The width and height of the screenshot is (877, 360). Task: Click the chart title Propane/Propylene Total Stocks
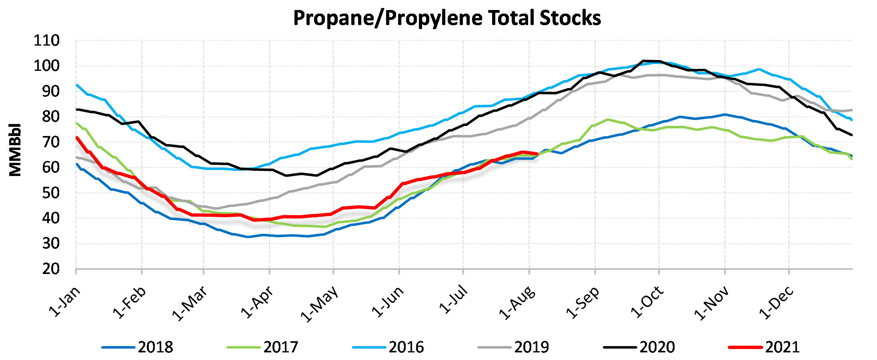coord(447,18)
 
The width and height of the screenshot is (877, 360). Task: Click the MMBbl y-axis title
coord(15,150)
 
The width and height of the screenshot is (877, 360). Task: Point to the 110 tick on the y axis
coord(47,41)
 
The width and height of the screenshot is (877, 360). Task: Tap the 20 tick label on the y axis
coord(51,269)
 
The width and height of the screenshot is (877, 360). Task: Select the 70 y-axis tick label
coord(51,142)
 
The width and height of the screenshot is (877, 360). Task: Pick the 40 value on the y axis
coord(51,218)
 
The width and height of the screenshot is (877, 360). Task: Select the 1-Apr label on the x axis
coord(258,302)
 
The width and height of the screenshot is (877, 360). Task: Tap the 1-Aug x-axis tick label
coord(517,302)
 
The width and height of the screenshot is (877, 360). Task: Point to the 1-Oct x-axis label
coord(647,302)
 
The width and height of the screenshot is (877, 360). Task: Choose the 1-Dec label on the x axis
coord(776,302)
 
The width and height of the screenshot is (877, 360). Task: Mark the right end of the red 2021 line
coord(537,154)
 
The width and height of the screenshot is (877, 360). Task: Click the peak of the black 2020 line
coord(643,61)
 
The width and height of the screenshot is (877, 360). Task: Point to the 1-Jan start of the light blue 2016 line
coord(76,85)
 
